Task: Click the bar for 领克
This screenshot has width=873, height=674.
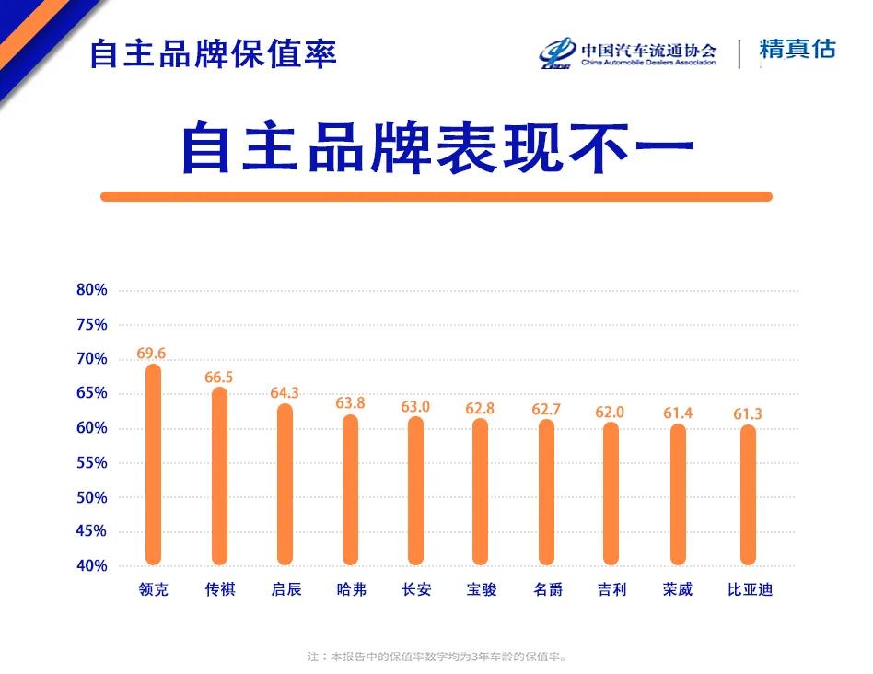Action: click(x=153, y=465)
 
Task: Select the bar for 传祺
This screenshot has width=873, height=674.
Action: click(x=219, y=476)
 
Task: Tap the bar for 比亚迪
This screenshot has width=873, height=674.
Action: click(x=748, y=494)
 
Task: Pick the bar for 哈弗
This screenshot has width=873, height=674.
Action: click(x=350, y=490)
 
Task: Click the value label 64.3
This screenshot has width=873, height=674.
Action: click(x=285, y=393)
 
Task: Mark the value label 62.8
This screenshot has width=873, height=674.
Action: click(x=479, y=408)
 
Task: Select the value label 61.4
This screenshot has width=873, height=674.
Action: click(x=679, y=413)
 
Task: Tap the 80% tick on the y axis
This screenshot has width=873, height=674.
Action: click(x=92, y=290)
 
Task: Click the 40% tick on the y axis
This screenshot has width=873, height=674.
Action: click(x=92, y=566)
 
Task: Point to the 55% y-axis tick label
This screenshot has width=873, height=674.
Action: click(x=92, y=463)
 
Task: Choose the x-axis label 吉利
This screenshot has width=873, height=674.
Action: click(x=611, y=589)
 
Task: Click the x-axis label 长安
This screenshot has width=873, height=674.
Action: click(x=416, y=589)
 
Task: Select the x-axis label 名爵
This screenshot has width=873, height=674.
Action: click(x=547, y=589)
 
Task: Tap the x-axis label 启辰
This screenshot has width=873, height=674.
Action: click(x=285, y=589)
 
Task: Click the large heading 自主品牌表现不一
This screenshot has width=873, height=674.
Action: click(x=436, y=147)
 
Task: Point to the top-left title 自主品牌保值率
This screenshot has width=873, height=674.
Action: click(x=213, y=53)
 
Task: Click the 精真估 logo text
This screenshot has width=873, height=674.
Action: click(x=797, y=50)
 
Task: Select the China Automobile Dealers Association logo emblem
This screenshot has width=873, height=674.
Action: click(x=557, y=53)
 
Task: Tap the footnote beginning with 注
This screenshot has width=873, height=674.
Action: click(x=436, y=657)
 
